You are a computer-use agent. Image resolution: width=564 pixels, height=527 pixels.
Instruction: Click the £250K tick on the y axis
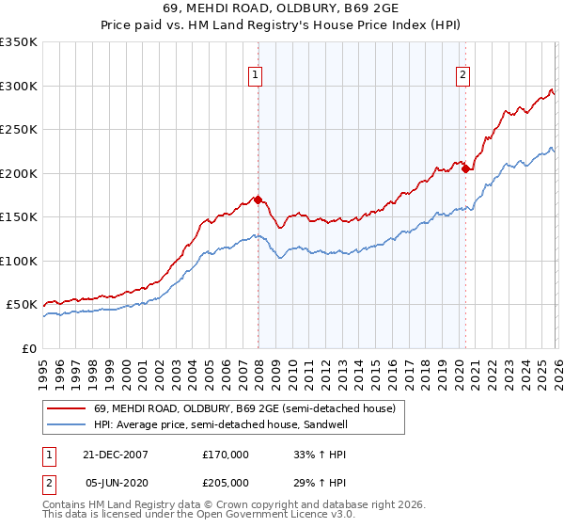tap(19, 129)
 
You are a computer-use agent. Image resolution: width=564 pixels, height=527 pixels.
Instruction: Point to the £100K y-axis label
tap(19, 261)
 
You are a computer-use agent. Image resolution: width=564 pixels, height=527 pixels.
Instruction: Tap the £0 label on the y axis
tap(28, 348)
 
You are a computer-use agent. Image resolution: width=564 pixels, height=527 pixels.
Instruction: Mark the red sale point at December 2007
tap(258, 200)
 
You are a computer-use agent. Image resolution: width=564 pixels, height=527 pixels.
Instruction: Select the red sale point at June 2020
tap(465, 169)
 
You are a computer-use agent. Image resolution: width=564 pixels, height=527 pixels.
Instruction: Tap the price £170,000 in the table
tap(226, 455)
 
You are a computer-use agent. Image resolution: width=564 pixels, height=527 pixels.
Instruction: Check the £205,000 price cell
tap(226, 483)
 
